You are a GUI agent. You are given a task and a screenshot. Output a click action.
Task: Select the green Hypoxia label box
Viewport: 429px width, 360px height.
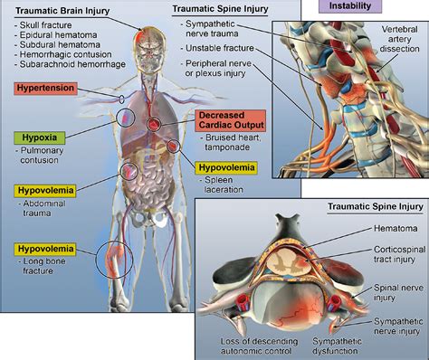(x=35, y=138)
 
